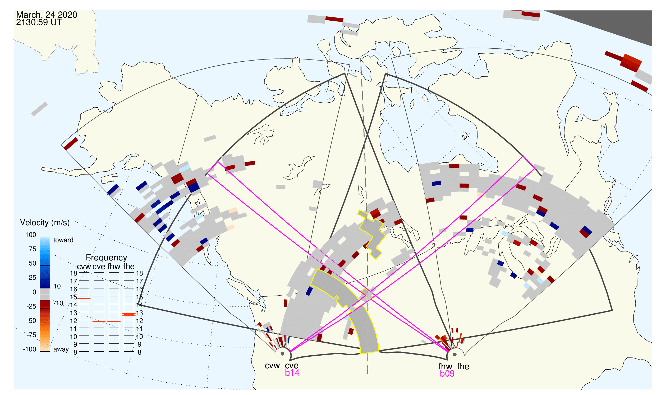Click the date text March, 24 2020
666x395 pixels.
tap(47, 15)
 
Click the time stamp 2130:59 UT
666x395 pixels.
tap(39, 22)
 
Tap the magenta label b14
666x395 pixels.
tap(292, 373)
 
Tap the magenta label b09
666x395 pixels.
tap(447, 374)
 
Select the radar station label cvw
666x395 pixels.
tap(272, 366)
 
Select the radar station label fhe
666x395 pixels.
tap(463, 366)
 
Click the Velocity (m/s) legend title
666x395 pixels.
tap(45, 223)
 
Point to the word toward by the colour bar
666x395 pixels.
tap(63, 240)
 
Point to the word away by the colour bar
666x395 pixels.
tap(61, 350)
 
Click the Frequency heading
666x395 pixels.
tap(106, 258)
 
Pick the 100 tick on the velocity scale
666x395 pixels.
tap(31, 235)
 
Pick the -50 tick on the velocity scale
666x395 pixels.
tap(31, 321)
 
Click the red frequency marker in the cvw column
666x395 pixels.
tap(84, 298)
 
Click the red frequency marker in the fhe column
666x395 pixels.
tap(129, 315)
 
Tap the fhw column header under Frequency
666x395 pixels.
tap(114, 267)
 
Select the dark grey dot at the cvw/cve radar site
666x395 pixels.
tap(282, 354)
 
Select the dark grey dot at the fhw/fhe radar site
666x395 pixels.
tap(455, 355)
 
